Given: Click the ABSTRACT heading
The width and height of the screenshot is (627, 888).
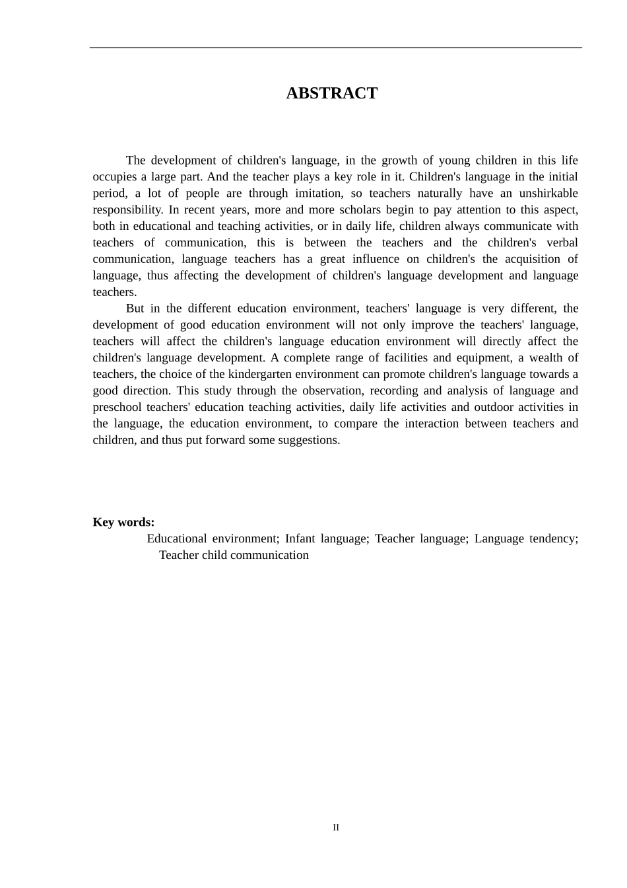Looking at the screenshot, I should coord(331,93).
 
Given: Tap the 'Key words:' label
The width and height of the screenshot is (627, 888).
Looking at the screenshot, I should coord(123,522).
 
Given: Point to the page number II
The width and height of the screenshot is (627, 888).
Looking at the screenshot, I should coord(336,827).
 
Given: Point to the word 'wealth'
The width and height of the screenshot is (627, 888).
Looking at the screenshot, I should coord(533,357).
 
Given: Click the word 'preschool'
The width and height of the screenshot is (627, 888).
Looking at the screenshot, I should coord(116,407).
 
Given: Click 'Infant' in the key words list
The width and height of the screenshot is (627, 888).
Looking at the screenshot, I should coord(300,538).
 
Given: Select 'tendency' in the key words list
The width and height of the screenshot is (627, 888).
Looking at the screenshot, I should coord(553,538).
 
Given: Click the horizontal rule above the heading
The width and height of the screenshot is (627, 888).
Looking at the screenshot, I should coord(335,48).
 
